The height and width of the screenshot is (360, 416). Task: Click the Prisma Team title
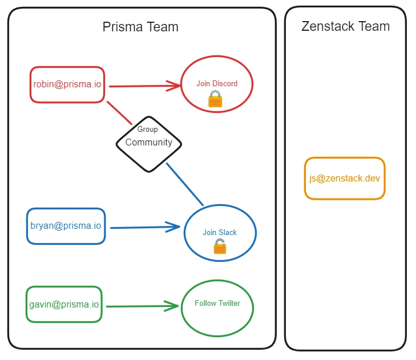coord(140,27)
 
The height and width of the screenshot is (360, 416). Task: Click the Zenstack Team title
coord(345,26)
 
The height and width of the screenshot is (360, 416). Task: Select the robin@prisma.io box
coord(67,84)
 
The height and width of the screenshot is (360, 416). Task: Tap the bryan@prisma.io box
coord(66,226)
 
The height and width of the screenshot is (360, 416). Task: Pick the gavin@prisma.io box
coord(64,304)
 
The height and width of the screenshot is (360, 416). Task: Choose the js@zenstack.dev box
coord(345,178)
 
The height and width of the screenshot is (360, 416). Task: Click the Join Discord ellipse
coord(217,84)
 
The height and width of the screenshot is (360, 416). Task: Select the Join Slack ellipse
coord(220,233)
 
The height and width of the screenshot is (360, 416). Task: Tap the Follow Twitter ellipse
coord(217,308)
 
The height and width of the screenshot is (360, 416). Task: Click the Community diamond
coord(149,143)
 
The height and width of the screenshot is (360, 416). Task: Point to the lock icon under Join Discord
coord(215,99)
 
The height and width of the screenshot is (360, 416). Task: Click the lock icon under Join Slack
coord(220,246)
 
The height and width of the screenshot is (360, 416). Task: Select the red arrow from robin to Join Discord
coord(143,86)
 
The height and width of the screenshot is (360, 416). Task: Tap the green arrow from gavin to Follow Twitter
coord(140,306)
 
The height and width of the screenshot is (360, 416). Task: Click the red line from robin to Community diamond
coord(120,112)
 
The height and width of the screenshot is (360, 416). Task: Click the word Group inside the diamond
coord(148,130)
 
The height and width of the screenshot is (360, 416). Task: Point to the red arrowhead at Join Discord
coord(174,86)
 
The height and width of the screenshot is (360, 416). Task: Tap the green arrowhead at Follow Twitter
coord(172,306)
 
